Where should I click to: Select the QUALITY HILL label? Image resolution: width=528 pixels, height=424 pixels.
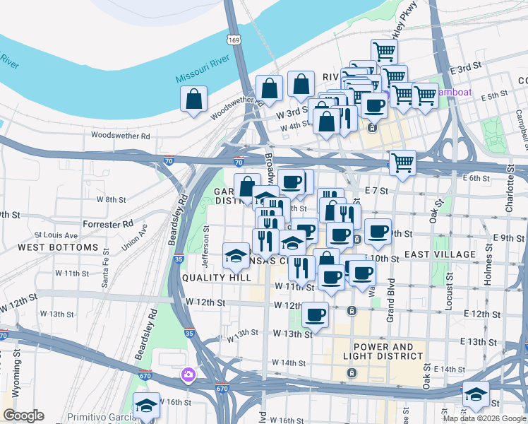tap(216, 278)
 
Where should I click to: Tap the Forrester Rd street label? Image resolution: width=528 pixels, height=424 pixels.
tap(107, 223)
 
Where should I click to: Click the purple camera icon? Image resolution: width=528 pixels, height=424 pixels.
tap(188, 375)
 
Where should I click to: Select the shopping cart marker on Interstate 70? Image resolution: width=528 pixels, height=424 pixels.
tap(402, 163)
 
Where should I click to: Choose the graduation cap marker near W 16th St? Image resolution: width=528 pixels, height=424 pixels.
tap(146, 406)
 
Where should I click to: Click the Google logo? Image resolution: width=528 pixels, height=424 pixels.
tap(23, 416)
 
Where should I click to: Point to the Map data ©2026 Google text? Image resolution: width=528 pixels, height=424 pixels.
tap(484, 418)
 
